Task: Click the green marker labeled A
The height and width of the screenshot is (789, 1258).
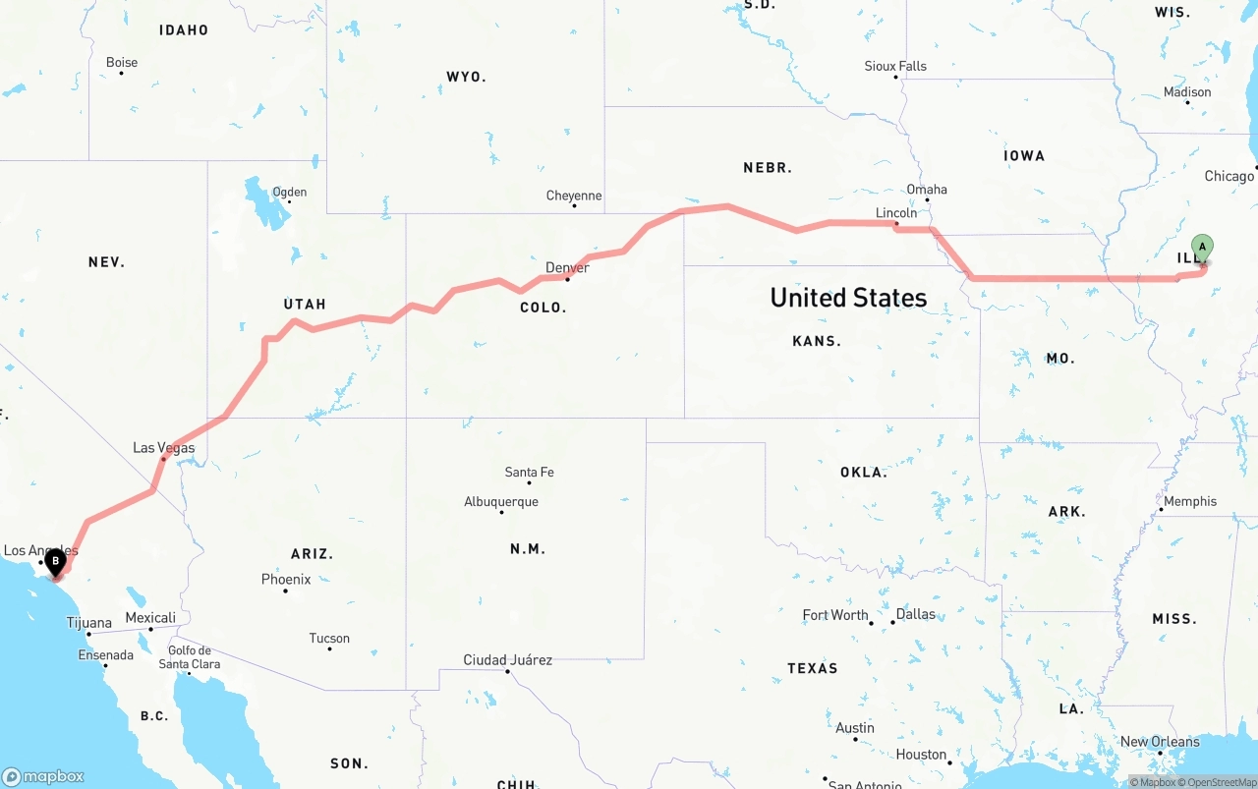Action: point(1202,248)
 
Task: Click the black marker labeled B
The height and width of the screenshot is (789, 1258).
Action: point(56,562)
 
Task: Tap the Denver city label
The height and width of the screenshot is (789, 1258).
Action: point(567,267)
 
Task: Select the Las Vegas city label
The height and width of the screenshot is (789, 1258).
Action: point(164,448)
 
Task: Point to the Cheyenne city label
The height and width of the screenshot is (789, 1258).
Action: point(574,196)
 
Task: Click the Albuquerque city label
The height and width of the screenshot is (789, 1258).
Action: point(501,502)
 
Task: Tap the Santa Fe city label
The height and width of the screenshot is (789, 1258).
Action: point(529,473)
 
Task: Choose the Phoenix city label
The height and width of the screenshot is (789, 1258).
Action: point(286,580)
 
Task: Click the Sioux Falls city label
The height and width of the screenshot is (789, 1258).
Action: point(895,66)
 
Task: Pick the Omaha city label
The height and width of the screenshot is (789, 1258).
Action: point(927,189)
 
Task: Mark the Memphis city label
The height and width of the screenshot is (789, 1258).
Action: point(1190,501)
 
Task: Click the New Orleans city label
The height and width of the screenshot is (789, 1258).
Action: point(1160,742)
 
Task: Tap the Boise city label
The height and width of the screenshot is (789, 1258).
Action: point(122,63)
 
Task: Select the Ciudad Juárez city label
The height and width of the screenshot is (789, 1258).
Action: point(508,660)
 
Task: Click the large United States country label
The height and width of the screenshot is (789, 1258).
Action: point(848,298)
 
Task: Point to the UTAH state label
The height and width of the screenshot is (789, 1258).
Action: point(305,304)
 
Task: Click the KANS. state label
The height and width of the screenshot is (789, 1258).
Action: point(817,341)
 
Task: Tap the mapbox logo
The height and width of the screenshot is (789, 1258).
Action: point(42,776)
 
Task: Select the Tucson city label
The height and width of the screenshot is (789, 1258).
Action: point(329,639)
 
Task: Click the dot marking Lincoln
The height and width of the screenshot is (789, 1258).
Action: point(895,224)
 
